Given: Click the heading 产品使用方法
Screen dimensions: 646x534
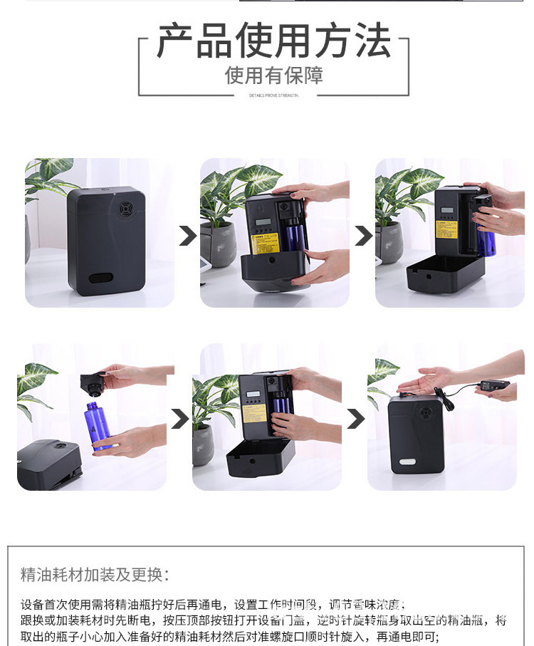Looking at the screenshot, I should [273, 41].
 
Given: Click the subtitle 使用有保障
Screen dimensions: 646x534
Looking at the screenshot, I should [273, 75].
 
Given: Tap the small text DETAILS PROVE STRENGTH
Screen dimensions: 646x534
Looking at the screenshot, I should [273, 95].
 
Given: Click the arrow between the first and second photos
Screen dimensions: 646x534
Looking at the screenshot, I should [187, 236].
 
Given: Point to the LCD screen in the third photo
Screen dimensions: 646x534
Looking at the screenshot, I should [449, 212].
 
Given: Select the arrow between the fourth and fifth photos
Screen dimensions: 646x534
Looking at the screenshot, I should [179, 419].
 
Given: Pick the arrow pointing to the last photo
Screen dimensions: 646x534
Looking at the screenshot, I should [355, 419].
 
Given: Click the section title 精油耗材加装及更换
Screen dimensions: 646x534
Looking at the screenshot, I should [95, 575].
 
